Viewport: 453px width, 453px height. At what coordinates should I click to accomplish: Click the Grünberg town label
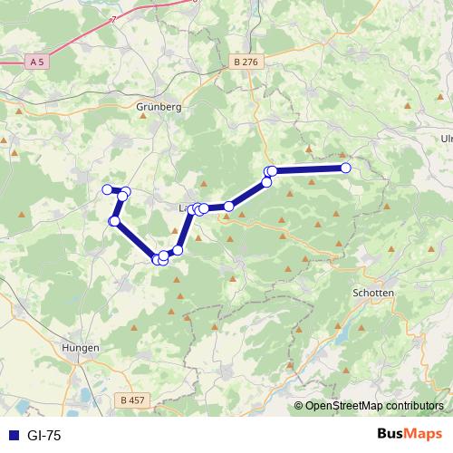click(159, 106)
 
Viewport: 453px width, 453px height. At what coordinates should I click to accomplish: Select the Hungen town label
click(80, 347)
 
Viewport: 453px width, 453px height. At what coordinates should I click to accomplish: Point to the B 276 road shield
click(244, 62)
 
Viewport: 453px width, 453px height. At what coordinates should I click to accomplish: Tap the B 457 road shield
click(131, 399)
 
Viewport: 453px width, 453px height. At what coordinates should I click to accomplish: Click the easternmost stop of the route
click(345, 168)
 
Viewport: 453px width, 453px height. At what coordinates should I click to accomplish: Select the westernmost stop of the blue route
click(107, 188)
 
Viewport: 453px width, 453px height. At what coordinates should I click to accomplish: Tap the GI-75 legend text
click(43, 436)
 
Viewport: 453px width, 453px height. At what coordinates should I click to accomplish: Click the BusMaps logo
click(410, 435)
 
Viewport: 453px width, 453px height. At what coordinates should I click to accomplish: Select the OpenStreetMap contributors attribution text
click(373, 406)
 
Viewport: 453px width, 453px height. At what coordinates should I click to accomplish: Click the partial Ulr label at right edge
click(446, 139)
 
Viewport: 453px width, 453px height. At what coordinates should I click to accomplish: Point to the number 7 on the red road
click(114, 19)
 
